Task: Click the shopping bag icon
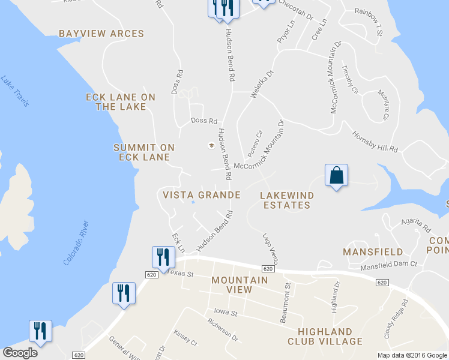tap(336, 175)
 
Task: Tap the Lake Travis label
tap(14, 91)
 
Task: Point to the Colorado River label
tap(77, 244)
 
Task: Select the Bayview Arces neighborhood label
tap(101, 34)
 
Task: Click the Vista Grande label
tap(202, 195)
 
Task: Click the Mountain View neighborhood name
tap(240, 284)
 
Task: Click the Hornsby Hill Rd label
tap(375, 142)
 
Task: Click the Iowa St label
tap(226, 313)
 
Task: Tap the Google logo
tap(20, 353)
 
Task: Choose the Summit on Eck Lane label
tap(144, 152)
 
